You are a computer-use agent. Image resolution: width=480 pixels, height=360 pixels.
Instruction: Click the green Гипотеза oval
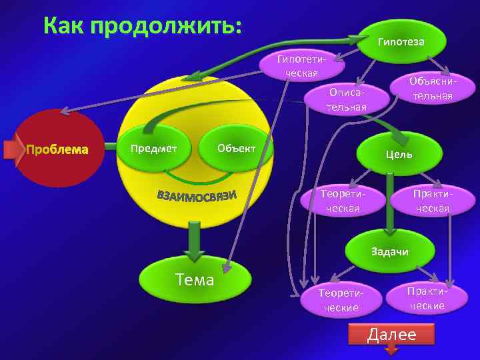click(401, 42)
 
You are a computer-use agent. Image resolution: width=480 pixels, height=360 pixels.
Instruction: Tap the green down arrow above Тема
click(194, 241)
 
